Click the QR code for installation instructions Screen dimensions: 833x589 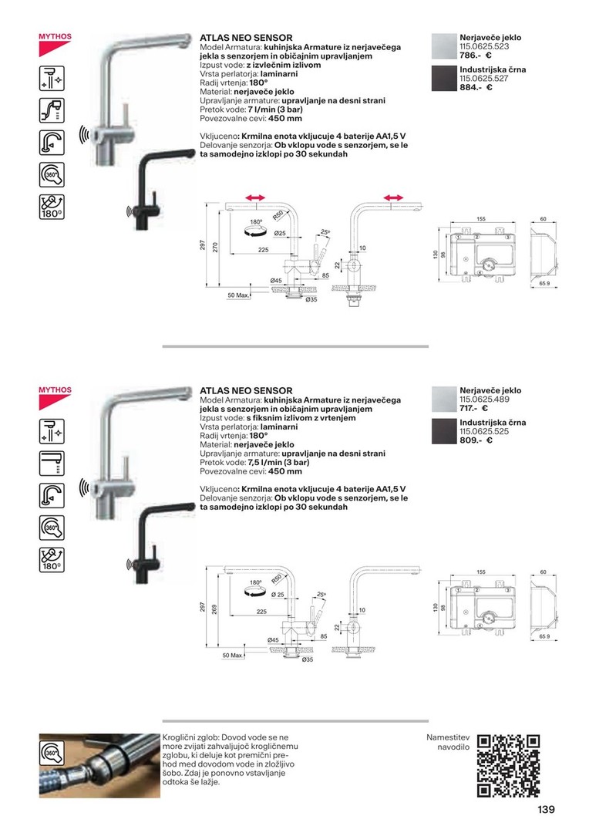pyautogui.click(x=507, y=765)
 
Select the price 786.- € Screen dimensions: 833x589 pyautogui.click(x=476, y=56)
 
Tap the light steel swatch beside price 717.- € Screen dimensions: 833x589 pyautogui.click(x=443, y=400)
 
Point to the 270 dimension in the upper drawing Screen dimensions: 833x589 pyautogui.click(x=215, y=246)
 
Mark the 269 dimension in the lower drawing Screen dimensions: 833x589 pyautogui.click(x=215, y=609)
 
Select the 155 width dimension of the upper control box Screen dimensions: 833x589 pyautogui.click(x=480, y=220)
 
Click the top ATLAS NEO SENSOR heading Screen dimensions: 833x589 pyautogui.click(x=246, y=37)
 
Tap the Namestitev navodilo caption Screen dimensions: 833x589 pyautogui.click(x=447, y=743)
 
